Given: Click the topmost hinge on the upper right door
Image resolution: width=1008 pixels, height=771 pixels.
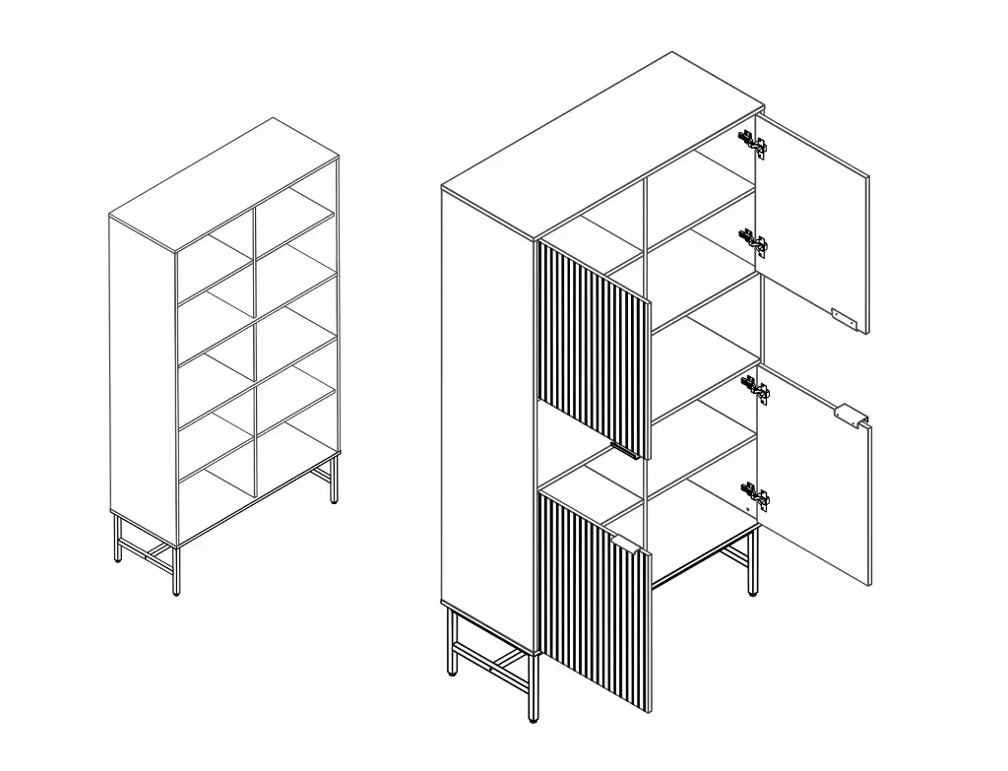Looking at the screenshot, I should [x=752, y=144].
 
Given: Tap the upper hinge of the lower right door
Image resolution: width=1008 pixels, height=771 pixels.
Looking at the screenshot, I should [x=756, y=391].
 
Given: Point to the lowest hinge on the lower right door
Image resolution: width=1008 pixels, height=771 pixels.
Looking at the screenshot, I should [x=756, y=496].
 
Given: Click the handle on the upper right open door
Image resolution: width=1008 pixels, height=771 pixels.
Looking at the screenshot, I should [x=844, y=316].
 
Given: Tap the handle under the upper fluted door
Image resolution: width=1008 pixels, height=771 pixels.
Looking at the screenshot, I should [x=625, y=451].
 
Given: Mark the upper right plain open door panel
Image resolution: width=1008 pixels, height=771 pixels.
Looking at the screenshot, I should [x=815, y=226].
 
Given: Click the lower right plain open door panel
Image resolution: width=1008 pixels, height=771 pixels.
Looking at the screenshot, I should [x=817, y=492].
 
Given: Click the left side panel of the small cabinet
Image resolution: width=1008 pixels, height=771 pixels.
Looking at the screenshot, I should [x=143, y=384].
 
